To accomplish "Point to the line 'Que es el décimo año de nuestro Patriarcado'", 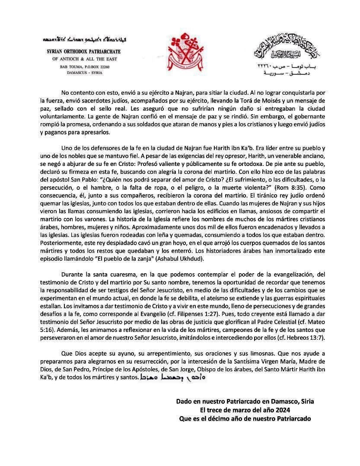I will [245, 418].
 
